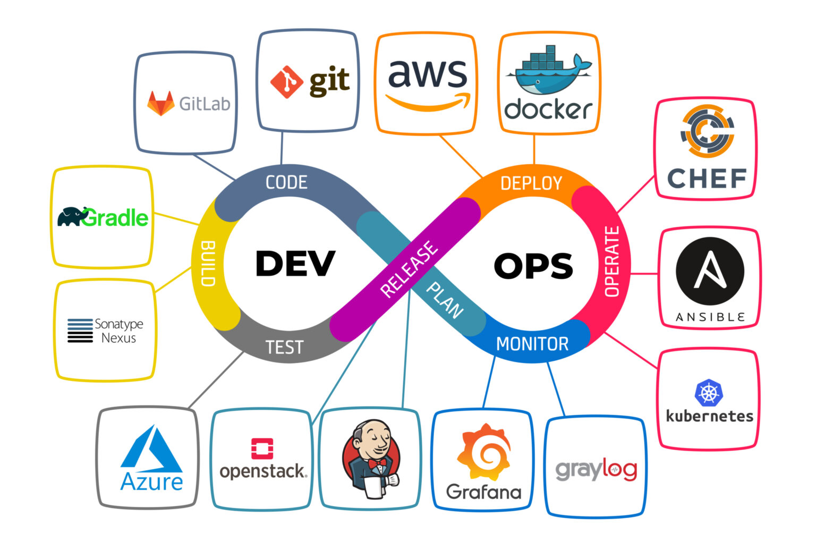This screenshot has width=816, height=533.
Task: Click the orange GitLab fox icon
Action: (x=160, y=103)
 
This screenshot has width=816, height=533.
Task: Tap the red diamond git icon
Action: (x=286, y=82)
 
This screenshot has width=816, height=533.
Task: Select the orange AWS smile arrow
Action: (x=428, y=102)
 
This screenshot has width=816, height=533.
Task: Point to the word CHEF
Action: (x=707, y=179)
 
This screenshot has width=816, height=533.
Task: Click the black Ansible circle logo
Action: (x=710, y=271)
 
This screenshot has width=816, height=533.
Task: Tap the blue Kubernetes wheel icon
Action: (x=709, y=393)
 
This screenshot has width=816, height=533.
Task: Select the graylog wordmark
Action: (x=596, y=470)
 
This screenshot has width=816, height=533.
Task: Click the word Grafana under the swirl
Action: (x=483, y=492)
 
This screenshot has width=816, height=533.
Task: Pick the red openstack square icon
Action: (x=262, y=449)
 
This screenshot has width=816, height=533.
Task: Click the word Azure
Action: (x=152, y=482)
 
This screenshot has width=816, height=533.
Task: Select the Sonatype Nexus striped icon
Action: (x=80, y=331)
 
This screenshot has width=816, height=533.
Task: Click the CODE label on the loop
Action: (x=286, y=182)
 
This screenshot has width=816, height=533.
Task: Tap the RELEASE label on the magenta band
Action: (x=409, y=269)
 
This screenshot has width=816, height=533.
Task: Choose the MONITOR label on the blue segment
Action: (x=532, y=344)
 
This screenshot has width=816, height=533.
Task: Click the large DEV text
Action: (x=295, y=264)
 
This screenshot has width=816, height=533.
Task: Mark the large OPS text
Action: (x=533, y=266)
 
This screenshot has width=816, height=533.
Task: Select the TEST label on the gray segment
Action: (x=284, y=348)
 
